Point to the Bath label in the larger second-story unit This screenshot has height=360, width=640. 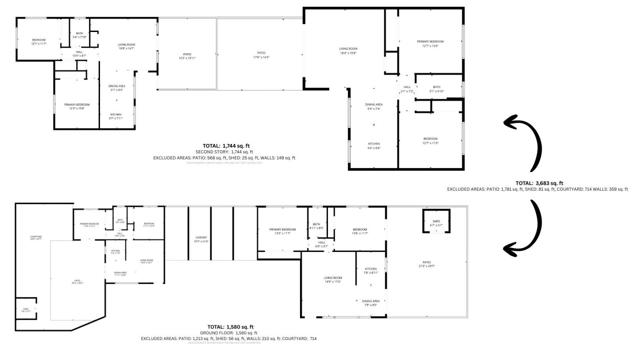point(436,88)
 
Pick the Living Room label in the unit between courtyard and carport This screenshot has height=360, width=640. point(146,260)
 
